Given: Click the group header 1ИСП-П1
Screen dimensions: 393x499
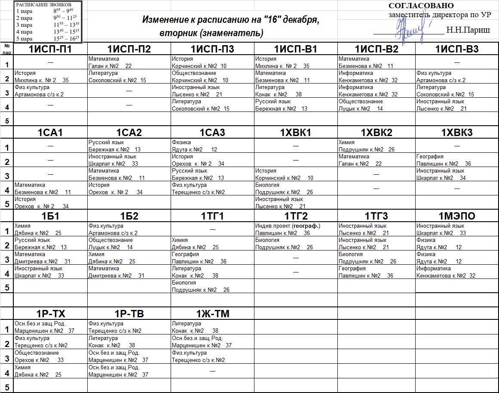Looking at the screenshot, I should [x=50, y=49].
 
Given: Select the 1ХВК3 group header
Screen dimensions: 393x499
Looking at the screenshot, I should [x=457, y=133].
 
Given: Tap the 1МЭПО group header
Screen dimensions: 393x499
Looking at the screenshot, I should [x=457, y=216].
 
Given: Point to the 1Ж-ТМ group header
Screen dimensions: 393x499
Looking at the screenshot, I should [x=212, y=314].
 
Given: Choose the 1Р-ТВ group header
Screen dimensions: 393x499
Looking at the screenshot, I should [x=129, y=314].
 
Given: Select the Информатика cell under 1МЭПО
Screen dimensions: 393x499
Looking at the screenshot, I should [x=457, y=272].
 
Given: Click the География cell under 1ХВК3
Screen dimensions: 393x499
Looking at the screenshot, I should [x=457, y=160].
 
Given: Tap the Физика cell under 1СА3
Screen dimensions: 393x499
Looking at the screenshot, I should [x=212, y=146].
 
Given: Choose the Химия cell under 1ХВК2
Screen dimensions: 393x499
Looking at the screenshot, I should [x=376, y=146].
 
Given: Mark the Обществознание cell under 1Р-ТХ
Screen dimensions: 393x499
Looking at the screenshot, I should [x=50, y=356].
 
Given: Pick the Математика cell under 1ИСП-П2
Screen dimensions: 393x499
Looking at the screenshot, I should [x=129, y=62].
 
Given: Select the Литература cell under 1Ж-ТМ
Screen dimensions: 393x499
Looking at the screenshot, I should [x=212, y=327].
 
